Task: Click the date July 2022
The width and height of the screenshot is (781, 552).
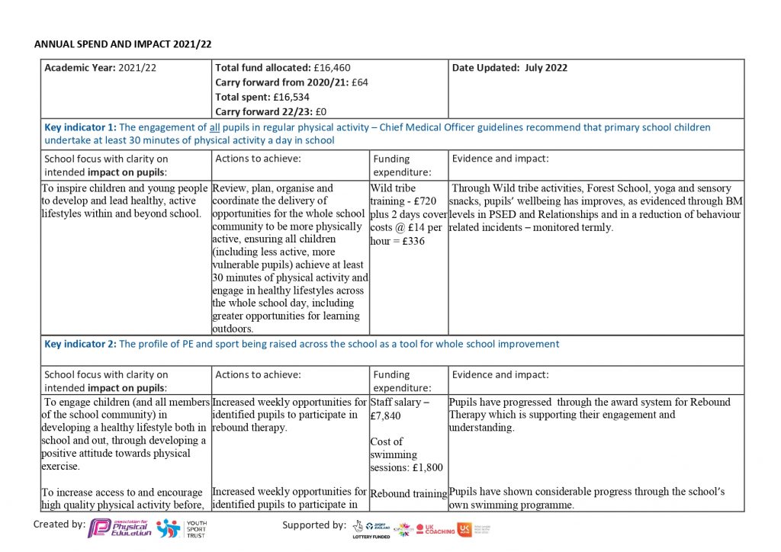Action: tap(546, 68)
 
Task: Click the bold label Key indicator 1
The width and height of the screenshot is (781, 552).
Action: tap(80, 127)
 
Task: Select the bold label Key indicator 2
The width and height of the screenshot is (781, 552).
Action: tap(80, 344)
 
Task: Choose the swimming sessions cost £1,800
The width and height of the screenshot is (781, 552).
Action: tap(424, 467)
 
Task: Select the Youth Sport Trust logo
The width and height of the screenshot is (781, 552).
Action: tap(181, 528)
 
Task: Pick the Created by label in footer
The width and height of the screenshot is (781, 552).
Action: tap(59, 524)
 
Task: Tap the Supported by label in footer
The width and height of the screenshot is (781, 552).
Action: tap(314, 525)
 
